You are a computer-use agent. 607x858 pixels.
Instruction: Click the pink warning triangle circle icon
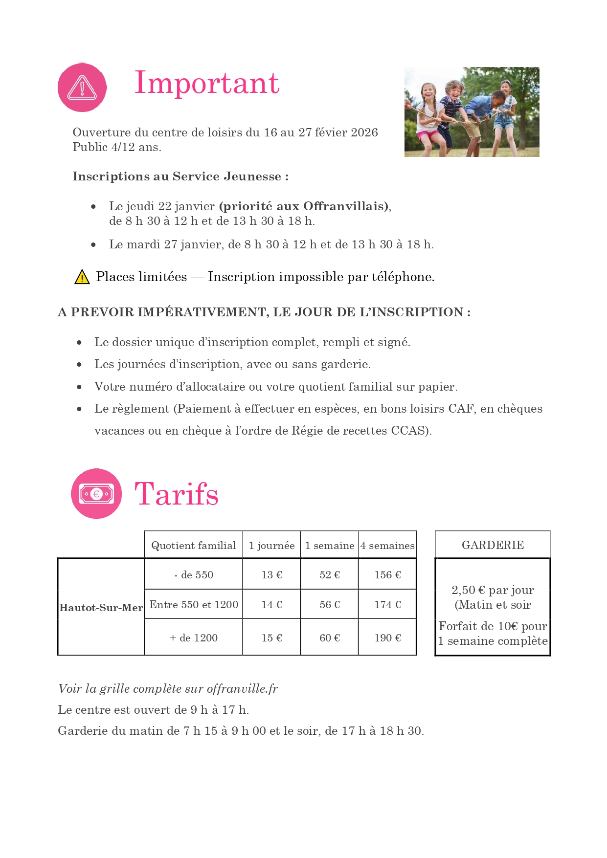[x=82, y=88]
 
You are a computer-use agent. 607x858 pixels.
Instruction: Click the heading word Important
[x=206, y=83]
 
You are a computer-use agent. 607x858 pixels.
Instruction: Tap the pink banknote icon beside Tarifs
[x=96, y=494]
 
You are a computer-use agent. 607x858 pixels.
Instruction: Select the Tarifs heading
[x=176, y=494]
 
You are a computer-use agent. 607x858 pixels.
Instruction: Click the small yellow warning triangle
[x=82, y=277]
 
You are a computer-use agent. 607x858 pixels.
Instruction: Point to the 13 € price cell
[x=271, y=575]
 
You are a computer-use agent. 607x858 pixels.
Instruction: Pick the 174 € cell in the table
[x=387, y=605]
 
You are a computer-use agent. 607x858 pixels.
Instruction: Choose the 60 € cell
[x=329, y=638]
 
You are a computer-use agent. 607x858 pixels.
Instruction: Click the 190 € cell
[x=387, y=638]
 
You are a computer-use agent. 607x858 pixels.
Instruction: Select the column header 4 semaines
[x=387, y=546]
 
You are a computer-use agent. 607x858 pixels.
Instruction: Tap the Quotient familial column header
[x=193, y=546]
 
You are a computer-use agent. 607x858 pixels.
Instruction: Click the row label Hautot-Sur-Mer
[x=101, y=608]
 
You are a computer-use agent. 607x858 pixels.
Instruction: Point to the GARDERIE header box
[x=493, y=545]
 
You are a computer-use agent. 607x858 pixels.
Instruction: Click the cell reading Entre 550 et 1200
[x=194, y=605]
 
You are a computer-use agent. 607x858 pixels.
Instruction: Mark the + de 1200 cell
[x=194, y=638]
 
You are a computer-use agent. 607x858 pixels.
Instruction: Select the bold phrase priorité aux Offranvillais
[x=304, y=206]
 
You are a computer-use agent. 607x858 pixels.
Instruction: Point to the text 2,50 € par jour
[x=493, y=590]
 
